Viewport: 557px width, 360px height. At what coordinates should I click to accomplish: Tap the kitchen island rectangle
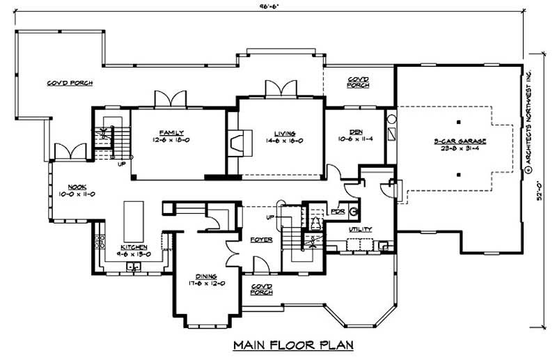[x=134, y=219]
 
